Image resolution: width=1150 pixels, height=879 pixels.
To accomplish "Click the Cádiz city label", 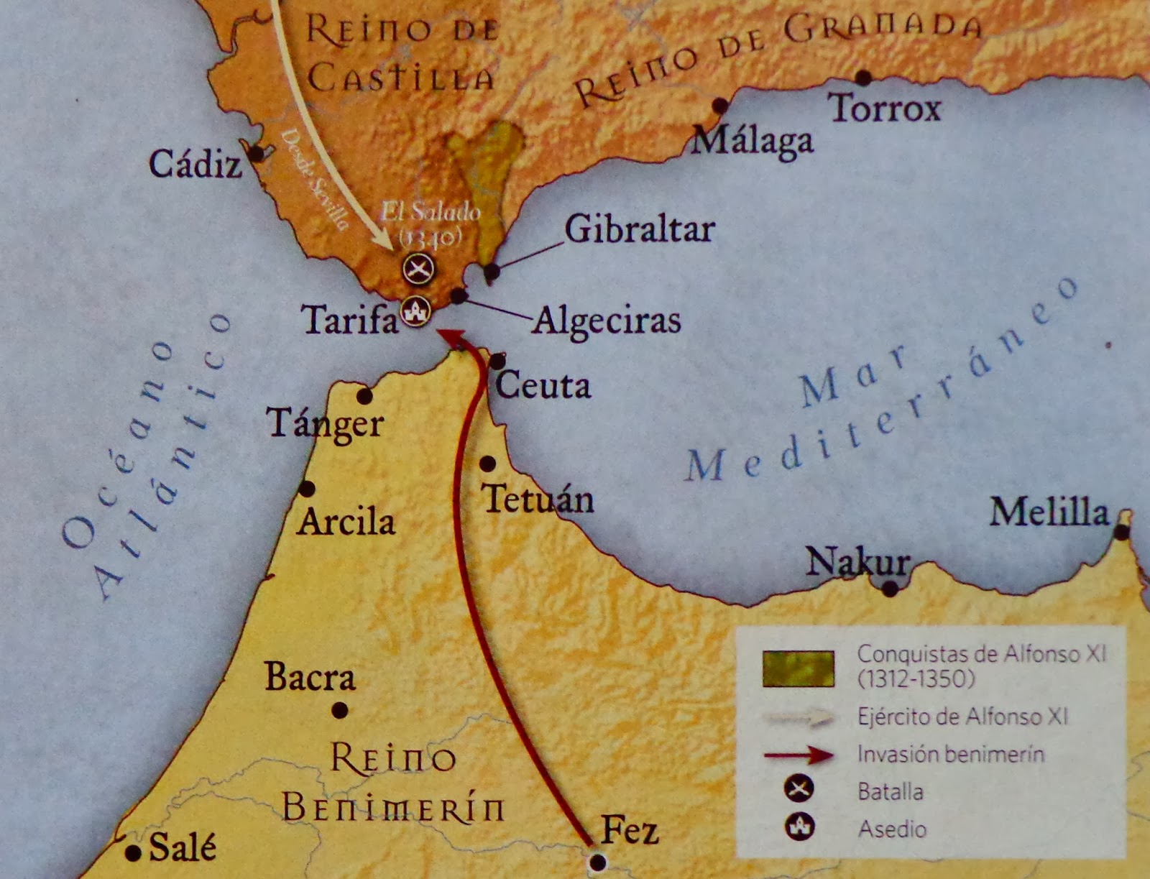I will coord(195,165).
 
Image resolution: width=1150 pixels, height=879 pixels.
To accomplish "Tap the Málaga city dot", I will coord(719,106).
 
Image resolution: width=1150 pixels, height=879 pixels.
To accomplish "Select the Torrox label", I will coord(885,109).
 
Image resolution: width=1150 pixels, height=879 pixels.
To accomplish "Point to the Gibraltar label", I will coord(639,229).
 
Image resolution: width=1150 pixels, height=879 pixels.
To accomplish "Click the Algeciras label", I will coord(607,321).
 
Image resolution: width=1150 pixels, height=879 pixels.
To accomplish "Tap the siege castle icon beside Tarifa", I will coord(415,311).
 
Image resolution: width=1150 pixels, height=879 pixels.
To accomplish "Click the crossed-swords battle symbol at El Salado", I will coord(418,269).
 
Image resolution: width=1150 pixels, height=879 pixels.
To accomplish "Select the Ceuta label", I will coord(543,386).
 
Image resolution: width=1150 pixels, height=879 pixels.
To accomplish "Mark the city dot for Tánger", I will coord(364,396).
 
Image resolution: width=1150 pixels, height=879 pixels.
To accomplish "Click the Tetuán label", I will coord(538,499).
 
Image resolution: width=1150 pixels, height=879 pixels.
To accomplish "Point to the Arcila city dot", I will coord(307,489).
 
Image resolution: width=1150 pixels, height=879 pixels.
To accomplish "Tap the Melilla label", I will coord(1049,512).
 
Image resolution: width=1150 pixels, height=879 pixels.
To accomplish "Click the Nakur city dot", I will coord(890,589).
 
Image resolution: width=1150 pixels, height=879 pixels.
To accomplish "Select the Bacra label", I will coord(310,677).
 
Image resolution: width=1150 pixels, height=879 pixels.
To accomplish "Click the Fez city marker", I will coord(597,862).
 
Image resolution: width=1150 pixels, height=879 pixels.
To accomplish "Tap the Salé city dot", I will coord(133,853).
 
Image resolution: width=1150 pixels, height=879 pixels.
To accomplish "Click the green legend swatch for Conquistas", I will coord(799,668).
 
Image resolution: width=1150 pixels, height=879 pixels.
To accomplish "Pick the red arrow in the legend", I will coord(799,755).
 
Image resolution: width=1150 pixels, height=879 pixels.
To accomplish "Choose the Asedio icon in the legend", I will coord(799,827).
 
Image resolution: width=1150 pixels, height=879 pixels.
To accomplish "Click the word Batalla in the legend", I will coord(891,791).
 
